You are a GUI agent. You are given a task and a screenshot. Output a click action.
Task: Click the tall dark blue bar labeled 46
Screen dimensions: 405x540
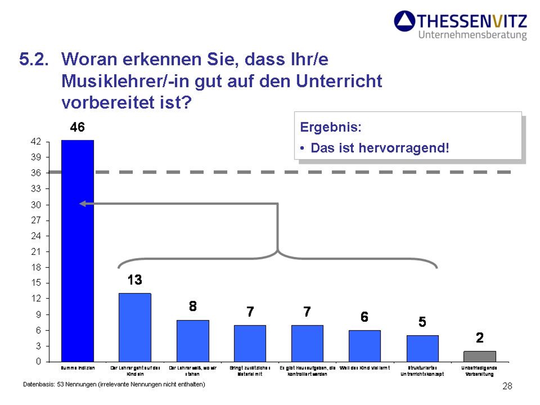click(x=78, y=250)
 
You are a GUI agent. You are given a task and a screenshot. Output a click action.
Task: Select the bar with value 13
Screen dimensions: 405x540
click(x=135, y=327)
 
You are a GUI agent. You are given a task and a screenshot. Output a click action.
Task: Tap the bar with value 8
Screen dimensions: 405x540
click(x=193, y=341)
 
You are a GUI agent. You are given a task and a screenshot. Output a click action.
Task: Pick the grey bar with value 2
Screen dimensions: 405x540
click(x=480, y=356)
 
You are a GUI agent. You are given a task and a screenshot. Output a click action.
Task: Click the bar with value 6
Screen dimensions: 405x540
click(x=365, y=346)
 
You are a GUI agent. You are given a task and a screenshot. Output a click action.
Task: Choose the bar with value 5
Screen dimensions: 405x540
click(x=422, y=348)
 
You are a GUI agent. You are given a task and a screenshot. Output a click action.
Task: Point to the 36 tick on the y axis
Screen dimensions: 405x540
click(x=36, y=173)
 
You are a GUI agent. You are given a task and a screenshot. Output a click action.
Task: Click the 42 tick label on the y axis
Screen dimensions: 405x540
click(x=36, y=141)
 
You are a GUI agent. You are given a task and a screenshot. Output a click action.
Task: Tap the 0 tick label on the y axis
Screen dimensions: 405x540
click(x=39, y=361)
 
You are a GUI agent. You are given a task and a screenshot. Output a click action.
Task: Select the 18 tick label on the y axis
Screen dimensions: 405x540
click(x=36, y=267)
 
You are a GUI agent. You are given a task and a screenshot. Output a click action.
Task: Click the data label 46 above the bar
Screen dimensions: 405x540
click(x=77, y=127)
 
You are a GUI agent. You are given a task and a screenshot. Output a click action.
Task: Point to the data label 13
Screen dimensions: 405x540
click(x=135, y=280)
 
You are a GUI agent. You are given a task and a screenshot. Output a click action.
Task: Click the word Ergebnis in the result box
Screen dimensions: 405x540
click(x=330, y=127)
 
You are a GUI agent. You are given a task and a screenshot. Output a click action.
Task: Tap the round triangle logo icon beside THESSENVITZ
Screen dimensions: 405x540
click(x=404, y=21)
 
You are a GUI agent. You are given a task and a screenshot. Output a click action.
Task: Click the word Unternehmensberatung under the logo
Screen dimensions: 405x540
click(x=472, y=35)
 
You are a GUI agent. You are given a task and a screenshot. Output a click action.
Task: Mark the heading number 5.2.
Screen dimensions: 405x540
click(x=34, y=59)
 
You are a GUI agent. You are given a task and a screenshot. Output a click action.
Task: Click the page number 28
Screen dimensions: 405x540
click(x=507, y=386)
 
